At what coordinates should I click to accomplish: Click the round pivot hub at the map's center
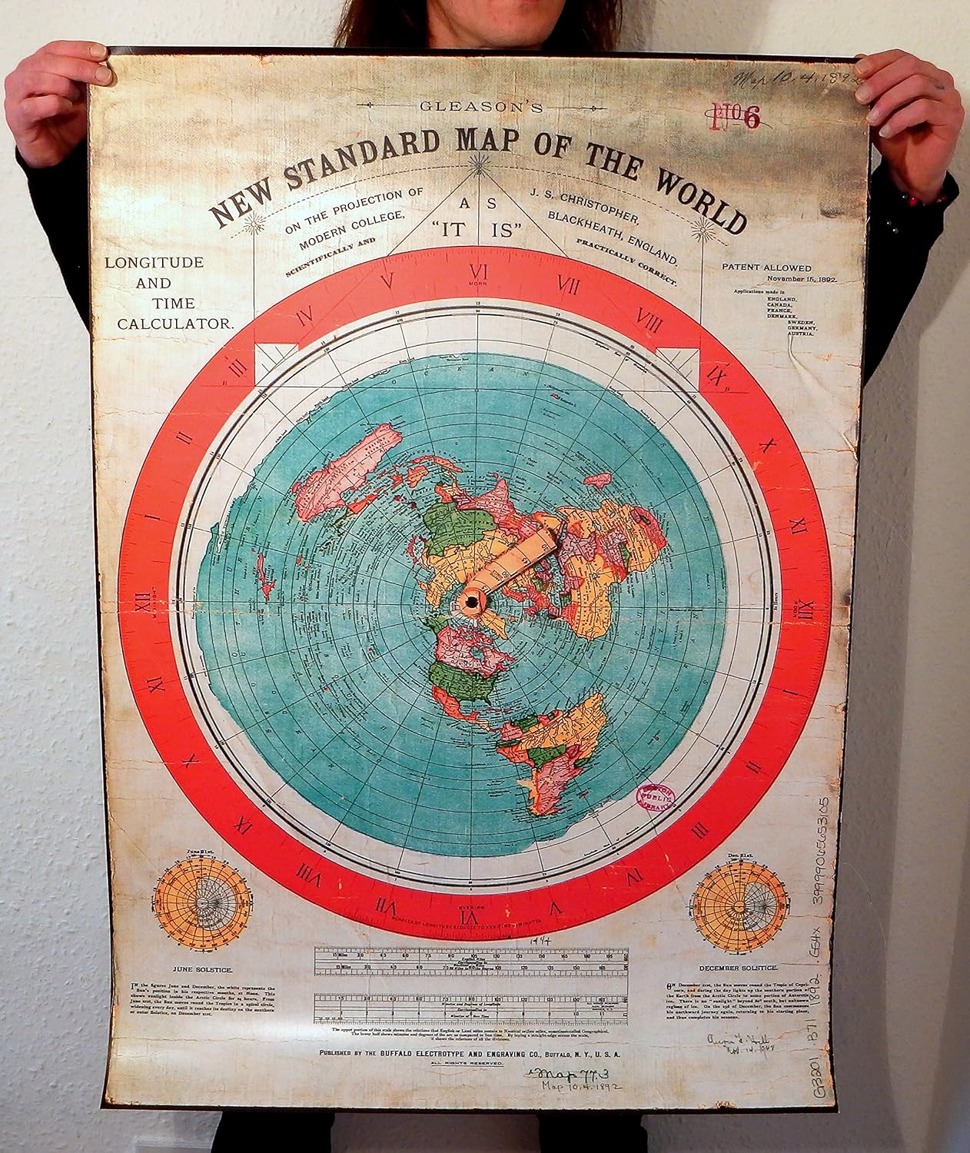point(470,600)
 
